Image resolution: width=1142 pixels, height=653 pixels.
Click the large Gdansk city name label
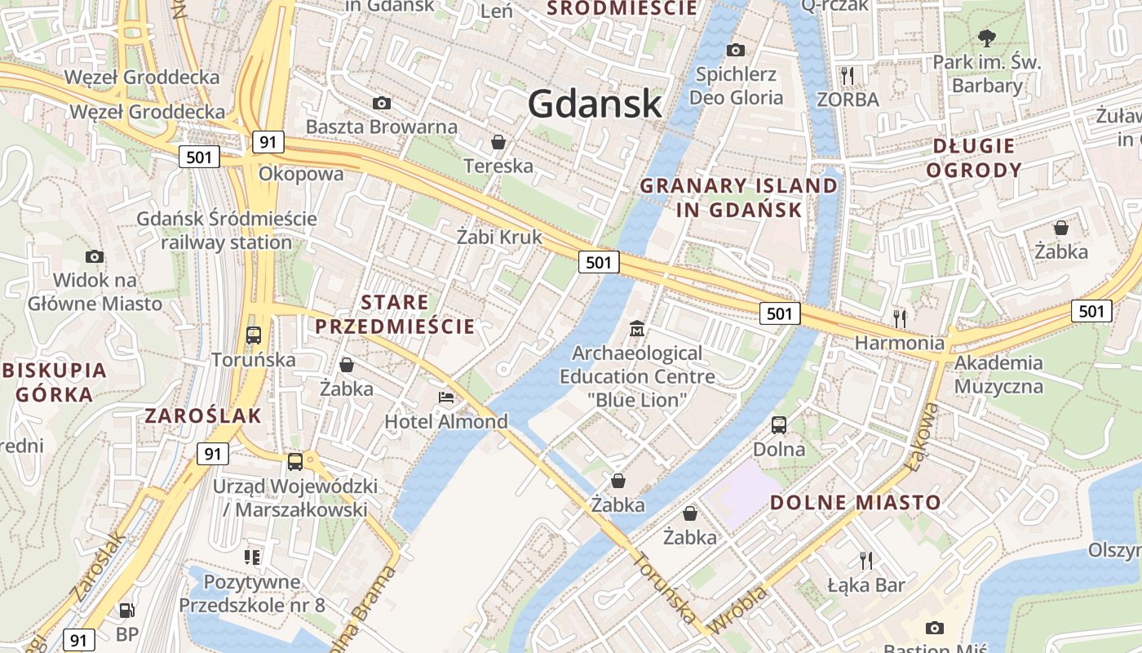pyautogui.click(x=595, y=104)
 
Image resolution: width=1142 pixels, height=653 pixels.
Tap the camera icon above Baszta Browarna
pyautogui.click(x=381, y=103)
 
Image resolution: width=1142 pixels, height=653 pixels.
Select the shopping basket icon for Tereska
pyautogui.click(x=498, y=143)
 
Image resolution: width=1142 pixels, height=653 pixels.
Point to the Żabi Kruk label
pyautogui.click(x=499, y=238)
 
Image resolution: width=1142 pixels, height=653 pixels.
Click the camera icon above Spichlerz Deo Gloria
pyautogui.click(x=736, y=51)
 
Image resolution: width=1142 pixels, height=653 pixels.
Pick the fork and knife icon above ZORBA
pyautogui.click(x=848, y=76)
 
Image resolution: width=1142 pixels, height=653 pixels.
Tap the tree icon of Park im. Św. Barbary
pyautogui.click(x=986, y=38)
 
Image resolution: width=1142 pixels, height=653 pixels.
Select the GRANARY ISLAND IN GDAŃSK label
pyautogui.click(x=739, y=198)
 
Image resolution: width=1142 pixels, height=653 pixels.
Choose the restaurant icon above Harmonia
pyautogui.click(x=900, y=318)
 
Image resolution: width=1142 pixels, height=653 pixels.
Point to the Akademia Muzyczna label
pyautogui.click(x=998, y=374)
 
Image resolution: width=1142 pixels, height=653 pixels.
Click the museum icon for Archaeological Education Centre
pyautogui.click(x=637, y=329)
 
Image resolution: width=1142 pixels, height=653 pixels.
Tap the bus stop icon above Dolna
pyautogui.click(x=779, y=425)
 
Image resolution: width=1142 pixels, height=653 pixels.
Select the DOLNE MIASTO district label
pyautogui.click(x=856, y=502)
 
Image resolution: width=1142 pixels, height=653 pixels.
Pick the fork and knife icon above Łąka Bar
pyautogui.click(x=865, y=560)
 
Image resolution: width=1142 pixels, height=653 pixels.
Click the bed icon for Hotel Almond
pyautogui.click(x=446, y=398)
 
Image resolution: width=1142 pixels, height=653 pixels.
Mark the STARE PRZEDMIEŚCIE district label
pyautogui.click(x=395, y=314)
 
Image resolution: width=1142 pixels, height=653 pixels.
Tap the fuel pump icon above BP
pyautogui.click(x=126, y=610)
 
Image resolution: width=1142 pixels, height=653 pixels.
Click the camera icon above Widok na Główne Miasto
pyautogui.click(x=95, y=256)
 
